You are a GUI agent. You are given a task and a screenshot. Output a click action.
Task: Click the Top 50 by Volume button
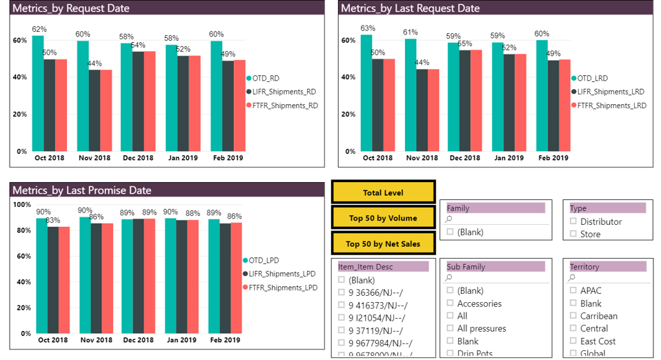coord(383,218)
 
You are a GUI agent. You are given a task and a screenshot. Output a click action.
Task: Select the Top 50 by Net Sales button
coord(383,243)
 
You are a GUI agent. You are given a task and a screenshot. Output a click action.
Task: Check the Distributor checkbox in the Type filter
coord(573,221)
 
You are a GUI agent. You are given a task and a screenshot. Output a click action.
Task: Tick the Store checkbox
coord(573,234)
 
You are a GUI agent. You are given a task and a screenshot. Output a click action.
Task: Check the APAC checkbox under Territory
coord(573,291)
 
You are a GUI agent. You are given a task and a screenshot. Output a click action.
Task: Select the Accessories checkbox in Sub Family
coord(451,303)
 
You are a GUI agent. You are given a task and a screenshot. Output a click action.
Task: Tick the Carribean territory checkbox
coord(573,316)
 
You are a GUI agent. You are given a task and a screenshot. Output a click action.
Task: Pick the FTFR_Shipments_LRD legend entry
coord(610,106)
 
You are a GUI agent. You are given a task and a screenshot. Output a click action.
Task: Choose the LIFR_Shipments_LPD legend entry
coord(282,274)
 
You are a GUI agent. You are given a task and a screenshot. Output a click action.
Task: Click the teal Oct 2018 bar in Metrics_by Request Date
coord(38,93)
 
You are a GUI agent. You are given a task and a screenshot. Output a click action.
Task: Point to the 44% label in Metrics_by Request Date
coord(94,63)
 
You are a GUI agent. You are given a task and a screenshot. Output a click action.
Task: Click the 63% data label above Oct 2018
coord(368,28)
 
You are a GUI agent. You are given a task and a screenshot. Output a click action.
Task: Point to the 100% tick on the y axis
coord(22,205)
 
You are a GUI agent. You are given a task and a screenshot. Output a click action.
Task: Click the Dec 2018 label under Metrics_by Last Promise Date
coord(138,340)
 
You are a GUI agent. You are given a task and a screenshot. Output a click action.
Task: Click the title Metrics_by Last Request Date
coord(411,8)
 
